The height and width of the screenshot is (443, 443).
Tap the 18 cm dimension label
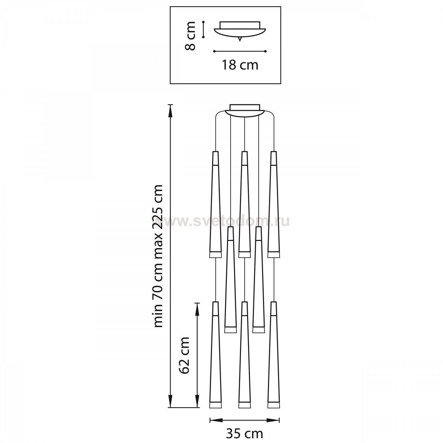point(240,65)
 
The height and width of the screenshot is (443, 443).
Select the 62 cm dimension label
point(184,355)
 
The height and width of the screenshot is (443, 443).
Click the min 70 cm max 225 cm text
point(158,256)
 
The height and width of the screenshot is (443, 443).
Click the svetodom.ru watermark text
point(220,221)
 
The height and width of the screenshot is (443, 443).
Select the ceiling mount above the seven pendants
point(245,110)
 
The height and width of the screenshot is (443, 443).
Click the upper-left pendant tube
point(215,204)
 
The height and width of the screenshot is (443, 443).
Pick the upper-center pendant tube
point(244,204)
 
